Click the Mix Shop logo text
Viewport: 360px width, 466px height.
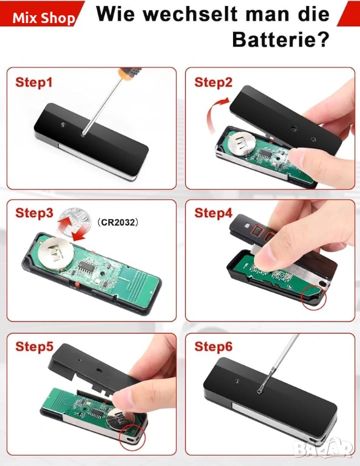(x=44, y=18)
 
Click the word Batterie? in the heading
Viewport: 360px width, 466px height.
(x=281, y=39)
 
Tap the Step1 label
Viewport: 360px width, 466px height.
(x=34, y=83)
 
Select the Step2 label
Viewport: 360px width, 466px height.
(x=213, y=83)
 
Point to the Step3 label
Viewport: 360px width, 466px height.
(x=34, y=213)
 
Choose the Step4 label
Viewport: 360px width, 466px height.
(x=213, y=213)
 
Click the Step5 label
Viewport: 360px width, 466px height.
(x=34, y=346)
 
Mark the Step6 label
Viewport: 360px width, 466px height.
(x=213, y=346)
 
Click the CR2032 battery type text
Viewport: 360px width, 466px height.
(x=118, y=222)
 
